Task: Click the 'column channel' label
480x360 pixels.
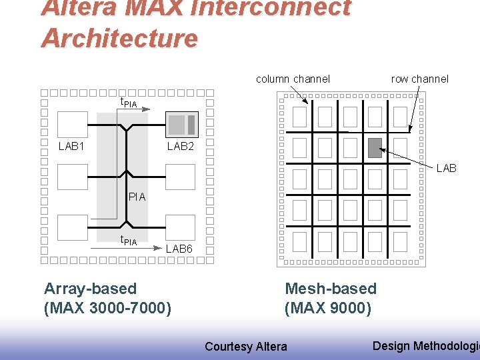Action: [x=293, y=79]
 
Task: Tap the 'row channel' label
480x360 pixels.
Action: [x=419, y=79]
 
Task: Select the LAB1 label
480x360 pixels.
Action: [x=71, y=146]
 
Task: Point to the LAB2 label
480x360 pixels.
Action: [x=180, y=146]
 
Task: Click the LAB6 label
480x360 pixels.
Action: [x=179, y=249]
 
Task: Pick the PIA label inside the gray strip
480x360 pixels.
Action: [x=137, y=197]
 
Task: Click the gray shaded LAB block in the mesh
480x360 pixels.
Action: [x=375, y=147]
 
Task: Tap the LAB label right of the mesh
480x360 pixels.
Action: [x=446, y=169]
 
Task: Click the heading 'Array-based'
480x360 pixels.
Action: [x=90, y=289]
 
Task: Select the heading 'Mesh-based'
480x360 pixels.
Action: [x=331, y=289]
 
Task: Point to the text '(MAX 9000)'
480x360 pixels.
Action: [x=327, y=309]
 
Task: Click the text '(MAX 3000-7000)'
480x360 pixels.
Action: [x=107, y=309]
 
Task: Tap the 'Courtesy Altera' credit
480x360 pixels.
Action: [x=246, y=346]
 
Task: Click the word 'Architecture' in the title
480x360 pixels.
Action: [x=119, y=38]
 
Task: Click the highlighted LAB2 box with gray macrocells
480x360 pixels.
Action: [x=181, y=124]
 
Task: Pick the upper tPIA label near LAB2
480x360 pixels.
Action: [x=128, y=102]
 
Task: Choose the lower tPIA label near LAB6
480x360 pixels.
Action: [x=128, y=241]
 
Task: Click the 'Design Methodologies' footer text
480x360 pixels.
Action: [x=425, y=345]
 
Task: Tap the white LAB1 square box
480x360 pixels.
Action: [x=73, y=124]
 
